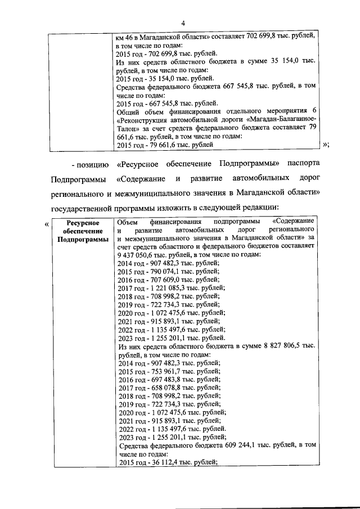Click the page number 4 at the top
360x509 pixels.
point(183,22)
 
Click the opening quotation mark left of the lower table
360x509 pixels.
point(46,224)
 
